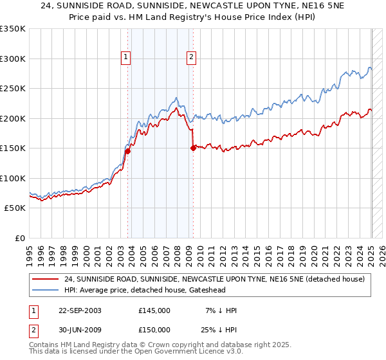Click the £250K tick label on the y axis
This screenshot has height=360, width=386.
(13, 88)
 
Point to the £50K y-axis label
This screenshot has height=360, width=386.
(15, 208)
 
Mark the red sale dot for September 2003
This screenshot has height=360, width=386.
(127, 152)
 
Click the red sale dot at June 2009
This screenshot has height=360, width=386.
(193, 148)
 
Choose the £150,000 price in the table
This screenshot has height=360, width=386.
(154, 330)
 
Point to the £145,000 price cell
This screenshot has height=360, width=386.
(154, 310)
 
